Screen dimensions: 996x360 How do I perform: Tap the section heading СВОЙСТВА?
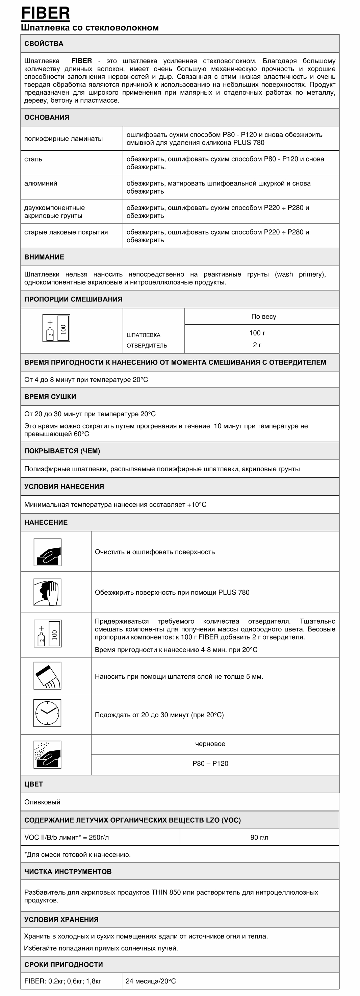click(44, 44)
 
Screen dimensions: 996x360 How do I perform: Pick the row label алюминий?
click(41, 183)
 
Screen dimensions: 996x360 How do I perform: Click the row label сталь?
click(33, 159)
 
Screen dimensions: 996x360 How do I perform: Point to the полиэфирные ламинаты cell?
click(63, 139)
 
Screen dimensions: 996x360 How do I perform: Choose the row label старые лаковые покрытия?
click(66, 232)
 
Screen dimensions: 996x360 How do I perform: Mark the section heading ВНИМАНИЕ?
click(44, 257)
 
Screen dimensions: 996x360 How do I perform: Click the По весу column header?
click(263, 316)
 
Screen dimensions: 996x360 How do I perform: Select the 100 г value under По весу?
click(257, 333)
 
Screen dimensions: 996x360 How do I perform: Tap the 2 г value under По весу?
click(257, 345)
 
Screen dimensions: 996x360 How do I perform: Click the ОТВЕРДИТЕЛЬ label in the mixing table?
click(147, 346)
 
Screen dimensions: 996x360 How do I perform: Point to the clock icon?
click(48, 713)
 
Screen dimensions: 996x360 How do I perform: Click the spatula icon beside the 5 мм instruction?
click(48, 675)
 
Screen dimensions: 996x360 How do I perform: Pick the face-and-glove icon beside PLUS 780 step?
click(48, 592)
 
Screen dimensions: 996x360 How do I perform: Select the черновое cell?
click(210, 744)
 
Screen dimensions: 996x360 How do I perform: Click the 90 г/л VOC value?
click(259, 837)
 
